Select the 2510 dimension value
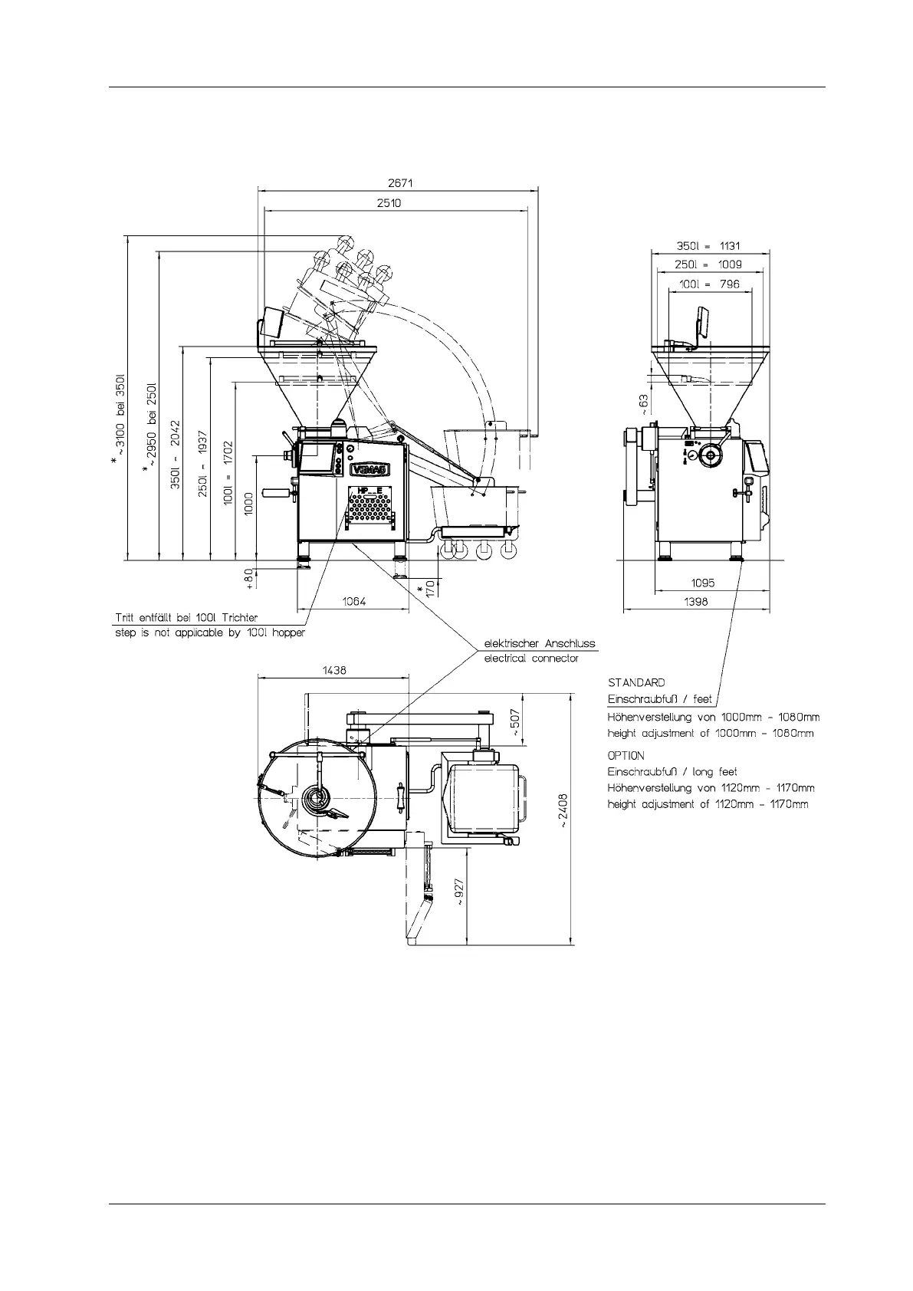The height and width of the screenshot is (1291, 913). coord(389,203)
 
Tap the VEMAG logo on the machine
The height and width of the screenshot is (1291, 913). coord(369,468)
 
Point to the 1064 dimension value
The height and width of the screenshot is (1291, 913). coord(353,602)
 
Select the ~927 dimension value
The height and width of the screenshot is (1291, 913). coord(458,892)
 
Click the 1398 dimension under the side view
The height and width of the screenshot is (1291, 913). coord(695,602)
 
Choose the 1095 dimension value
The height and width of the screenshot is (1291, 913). coord(702,583)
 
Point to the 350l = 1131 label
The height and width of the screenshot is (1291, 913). coord(708,247)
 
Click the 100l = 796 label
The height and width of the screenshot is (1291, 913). coord(709,284)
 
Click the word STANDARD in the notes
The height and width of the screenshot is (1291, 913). coord(636,682)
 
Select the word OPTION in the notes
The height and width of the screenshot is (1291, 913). coord(626,755)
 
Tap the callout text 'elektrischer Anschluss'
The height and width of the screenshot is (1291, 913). coord(539,644)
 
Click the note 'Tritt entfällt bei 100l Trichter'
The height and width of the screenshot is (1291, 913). coord(186,617)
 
